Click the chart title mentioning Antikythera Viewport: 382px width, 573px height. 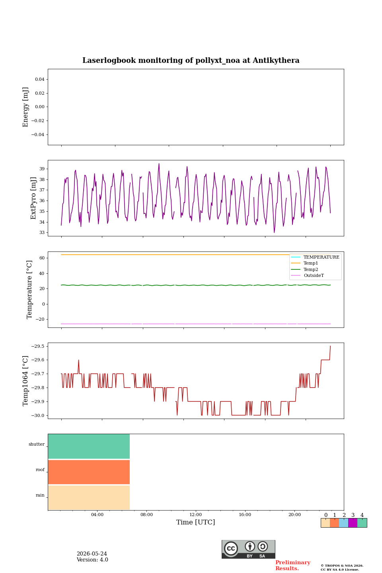191,60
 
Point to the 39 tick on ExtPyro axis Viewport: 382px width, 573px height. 42,169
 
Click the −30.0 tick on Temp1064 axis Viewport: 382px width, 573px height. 38,415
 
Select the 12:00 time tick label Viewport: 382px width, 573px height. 195,515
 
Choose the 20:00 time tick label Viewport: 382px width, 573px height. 294,515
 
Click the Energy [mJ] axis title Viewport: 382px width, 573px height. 25,107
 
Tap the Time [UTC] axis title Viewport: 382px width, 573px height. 195,522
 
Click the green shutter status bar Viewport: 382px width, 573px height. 89,446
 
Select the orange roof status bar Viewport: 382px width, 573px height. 89,472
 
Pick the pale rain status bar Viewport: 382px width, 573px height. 89,497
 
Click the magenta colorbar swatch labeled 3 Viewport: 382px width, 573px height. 353,523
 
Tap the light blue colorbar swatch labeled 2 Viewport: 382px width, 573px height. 344,523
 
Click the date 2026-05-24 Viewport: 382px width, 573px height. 92,554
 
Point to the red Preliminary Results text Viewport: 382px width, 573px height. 293,565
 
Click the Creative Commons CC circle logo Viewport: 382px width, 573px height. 231,548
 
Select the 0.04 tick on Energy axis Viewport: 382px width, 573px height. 40,79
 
